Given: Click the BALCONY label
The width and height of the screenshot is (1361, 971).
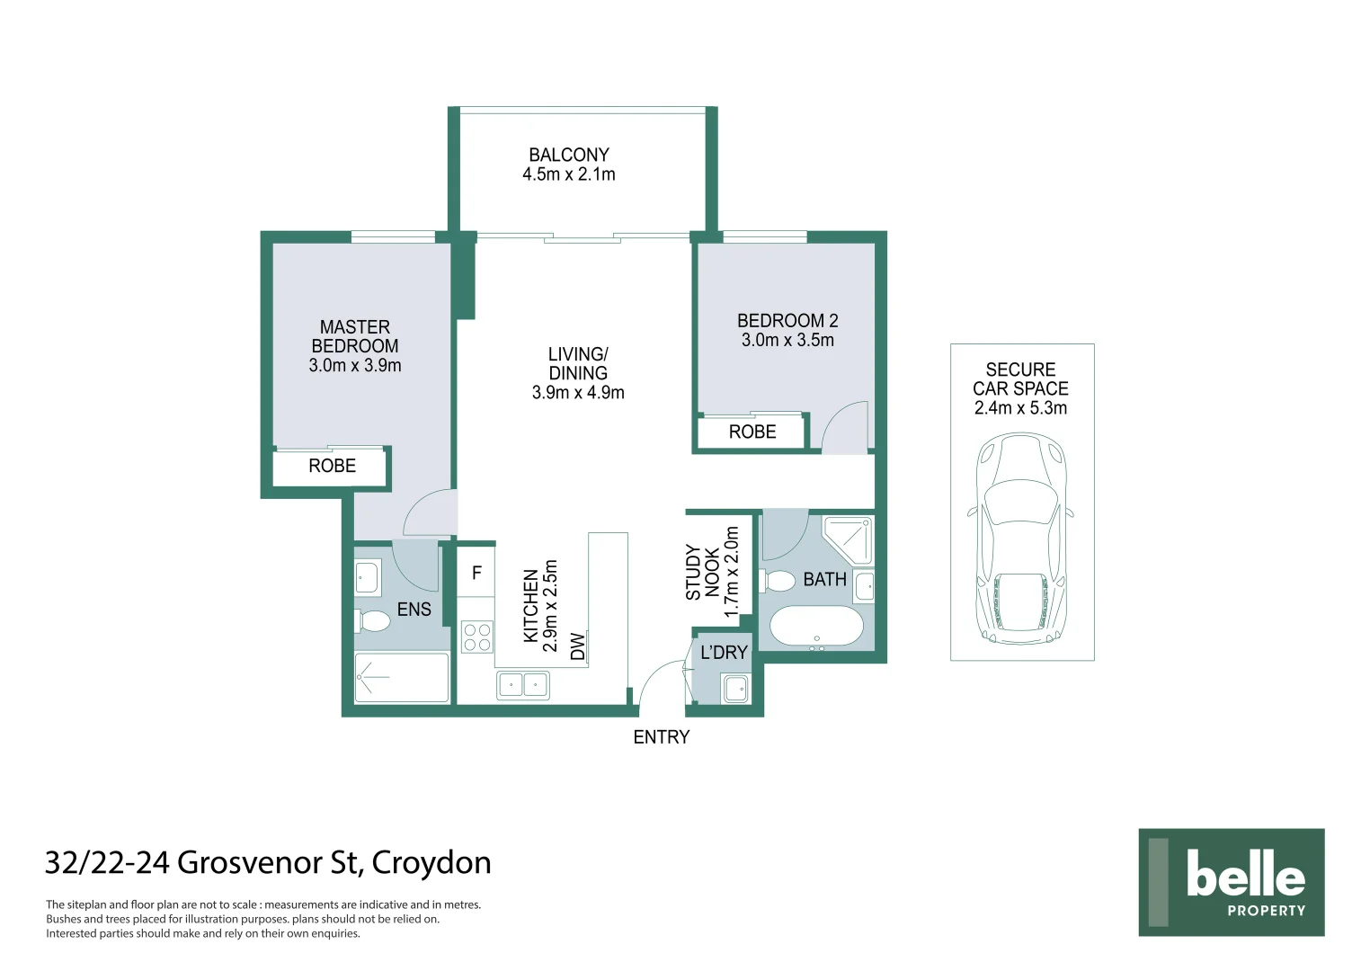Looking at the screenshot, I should pyautogui.click(x=568, y=155).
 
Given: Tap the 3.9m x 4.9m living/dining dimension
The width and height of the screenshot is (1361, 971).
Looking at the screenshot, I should pyautogui.click(x=578, y=393).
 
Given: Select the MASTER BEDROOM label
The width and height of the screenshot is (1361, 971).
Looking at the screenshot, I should pyautogui.click(x=355, y=336).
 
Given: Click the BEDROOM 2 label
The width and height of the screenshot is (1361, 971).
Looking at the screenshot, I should pyautogui.click(x=787, y=321).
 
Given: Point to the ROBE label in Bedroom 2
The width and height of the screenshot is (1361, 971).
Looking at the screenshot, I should pyautogui.click(x=752, y=432).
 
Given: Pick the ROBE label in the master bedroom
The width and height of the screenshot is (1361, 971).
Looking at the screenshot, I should pyautogui.click(x=332, y=466).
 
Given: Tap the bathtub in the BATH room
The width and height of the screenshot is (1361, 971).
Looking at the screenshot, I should pyautogui.click(x=816, y=628).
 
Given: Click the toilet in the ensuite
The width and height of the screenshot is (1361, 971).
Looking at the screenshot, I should pyautogui.click(x=374, y=620).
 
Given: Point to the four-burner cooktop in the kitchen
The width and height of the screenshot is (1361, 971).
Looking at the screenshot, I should pyautogui.click(x=476, y=637).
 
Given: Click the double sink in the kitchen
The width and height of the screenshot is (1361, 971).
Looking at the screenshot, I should pyautogui.click(x=523, y=686).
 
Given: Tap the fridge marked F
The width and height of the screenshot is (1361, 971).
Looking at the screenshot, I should pyautogui.click(x=476, y=573).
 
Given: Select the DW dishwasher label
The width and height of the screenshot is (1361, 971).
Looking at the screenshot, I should pyautogui.click(x=578, y=646).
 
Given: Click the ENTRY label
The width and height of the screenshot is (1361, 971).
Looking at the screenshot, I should pyautogui.click(x=661, y=737).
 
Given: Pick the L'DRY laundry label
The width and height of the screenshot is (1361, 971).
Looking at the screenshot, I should pyautogui.click(x=724, y=653).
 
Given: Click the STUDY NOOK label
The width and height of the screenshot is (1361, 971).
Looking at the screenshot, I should pyautogui.click(x=702, y=572).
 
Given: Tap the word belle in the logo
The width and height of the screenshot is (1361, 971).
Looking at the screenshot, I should pyautogui.click(x=1245, y=874).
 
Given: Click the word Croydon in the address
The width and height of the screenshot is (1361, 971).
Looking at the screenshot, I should pyautogui.click(x=431, y=862).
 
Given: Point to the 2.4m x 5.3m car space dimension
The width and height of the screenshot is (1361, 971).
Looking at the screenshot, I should pyautogui.click(x=1020, y=408).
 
